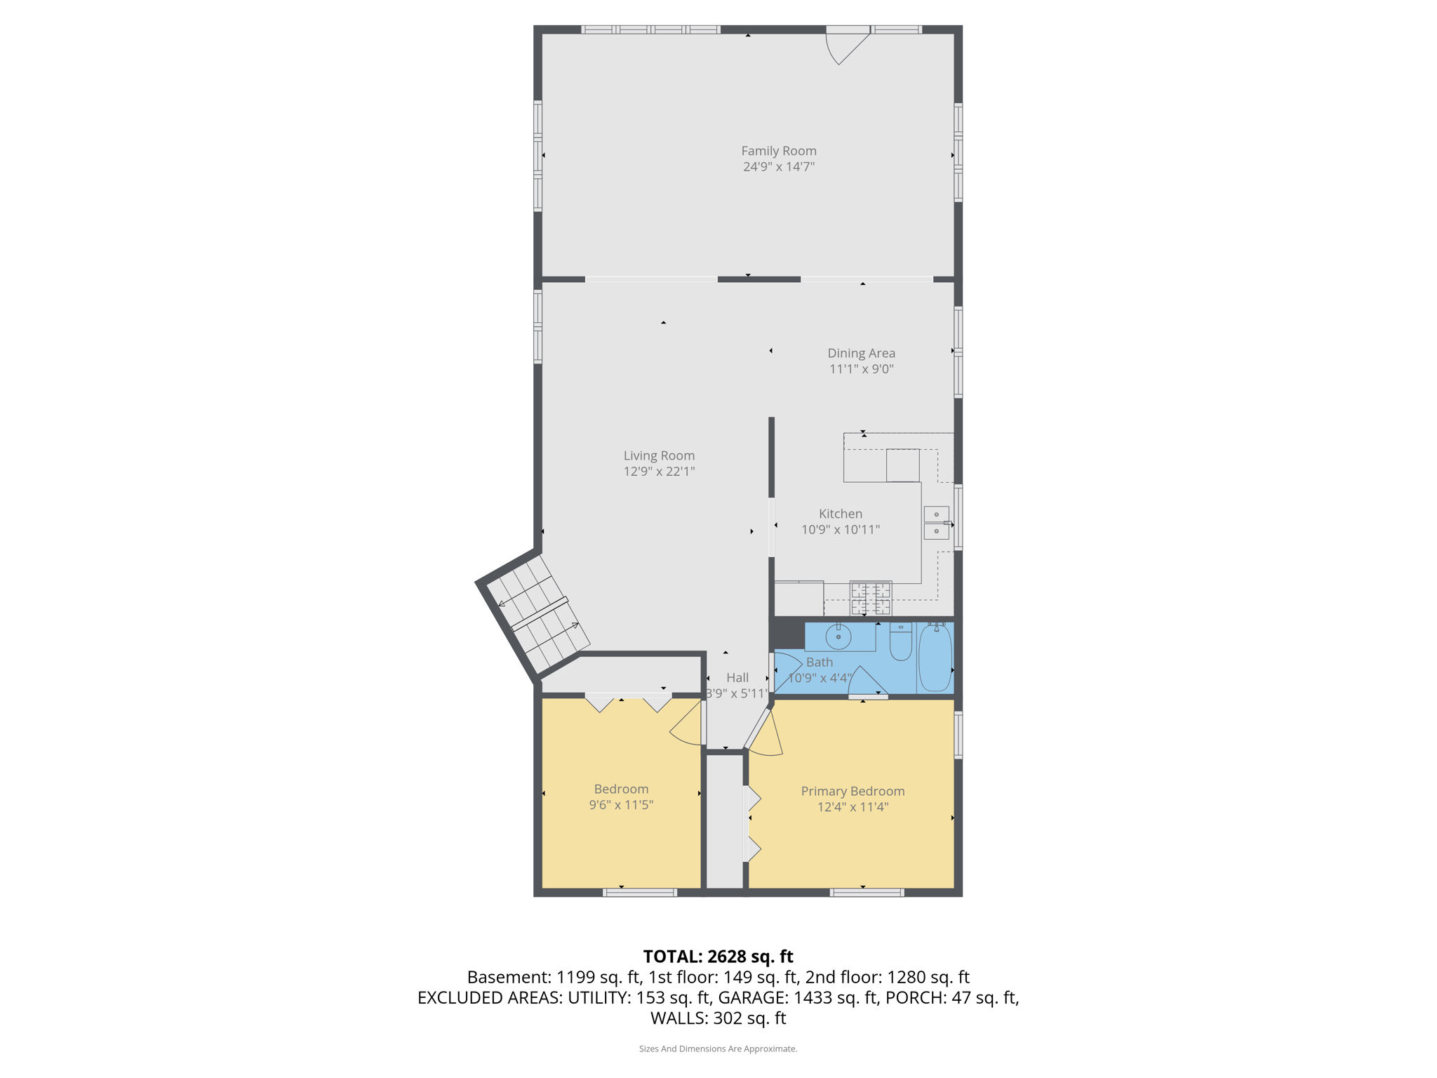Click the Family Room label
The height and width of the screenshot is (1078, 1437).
point(778,151)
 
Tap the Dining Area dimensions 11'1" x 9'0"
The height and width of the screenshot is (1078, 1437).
point(861,369)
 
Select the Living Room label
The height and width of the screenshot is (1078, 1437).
point(659,455)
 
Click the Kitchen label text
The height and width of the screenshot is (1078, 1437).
point(840,514)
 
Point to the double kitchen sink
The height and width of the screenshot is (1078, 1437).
point(936,523)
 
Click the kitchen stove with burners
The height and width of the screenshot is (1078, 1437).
point(870,598)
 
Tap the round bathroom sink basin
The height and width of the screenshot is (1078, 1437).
point(838,637)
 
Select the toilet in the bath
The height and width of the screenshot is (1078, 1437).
point(900,641)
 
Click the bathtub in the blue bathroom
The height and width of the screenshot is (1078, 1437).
point(935,658)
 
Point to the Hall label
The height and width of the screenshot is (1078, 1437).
point(737,677)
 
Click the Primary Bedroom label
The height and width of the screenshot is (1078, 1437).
point(853,791)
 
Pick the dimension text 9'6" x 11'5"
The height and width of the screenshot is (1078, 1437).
point(621,805)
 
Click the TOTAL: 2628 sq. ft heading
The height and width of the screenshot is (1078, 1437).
point(718,957)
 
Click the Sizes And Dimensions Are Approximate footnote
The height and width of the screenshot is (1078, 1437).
point(718,1049)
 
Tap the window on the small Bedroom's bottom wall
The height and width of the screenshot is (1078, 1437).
point(639,893)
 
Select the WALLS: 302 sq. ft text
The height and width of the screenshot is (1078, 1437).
point(718,1018)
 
